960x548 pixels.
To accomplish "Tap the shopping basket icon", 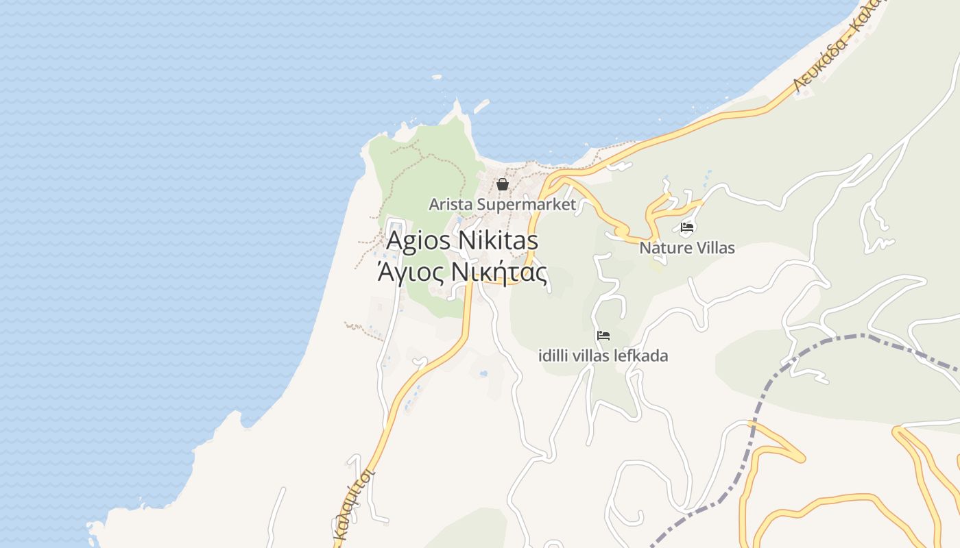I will click(503, 184).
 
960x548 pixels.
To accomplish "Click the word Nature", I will click(664, 248).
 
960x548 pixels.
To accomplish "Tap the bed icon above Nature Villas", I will click(687, 227).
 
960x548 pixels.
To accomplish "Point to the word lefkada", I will click(642, 356).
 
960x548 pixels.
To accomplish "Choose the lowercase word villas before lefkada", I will click(595, 356).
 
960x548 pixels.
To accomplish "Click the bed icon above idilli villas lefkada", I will click(603, 336).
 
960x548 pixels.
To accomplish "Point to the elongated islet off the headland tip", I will click(481, 106).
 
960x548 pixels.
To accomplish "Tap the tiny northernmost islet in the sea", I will click(437, 77).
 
